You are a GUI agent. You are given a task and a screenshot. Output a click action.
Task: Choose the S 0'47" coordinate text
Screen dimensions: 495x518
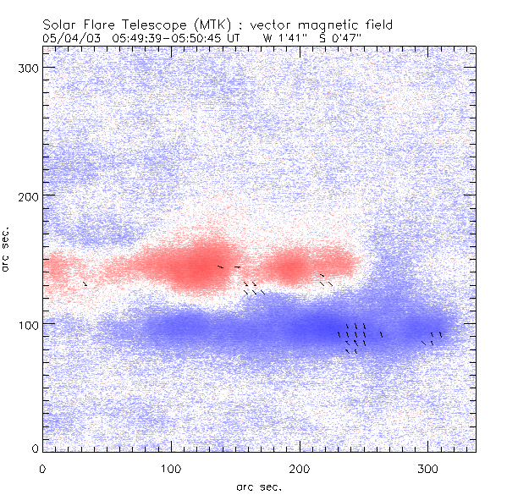coord(361,38)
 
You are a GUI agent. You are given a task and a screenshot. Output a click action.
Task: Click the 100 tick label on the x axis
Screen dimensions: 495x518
coord(171,468)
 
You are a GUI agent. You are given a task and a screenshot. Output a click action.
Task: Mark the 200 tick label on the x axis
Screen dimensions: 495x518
coord(300,468)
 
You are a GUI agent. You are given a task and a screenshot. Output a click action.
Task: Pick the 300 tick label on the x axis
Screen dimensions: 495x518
coord(428,468)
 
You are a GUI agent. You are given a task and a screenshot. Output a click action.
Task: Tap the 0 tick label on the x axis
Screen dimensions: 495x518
coord(42,468)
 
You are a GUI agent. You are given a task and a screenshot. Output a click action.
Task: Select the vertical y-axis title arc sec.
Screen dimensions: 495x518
coord(8,248)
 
